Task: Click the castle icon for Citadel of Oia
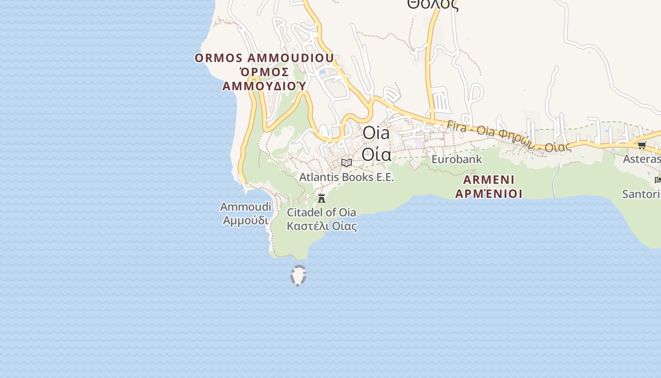pos(322,198)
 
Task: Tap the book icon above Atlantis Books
pos(347,163)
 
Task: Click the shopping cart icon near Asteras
pos(642,145)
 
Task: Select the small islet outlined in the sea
pos(298,275)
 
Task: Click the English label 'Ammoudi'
pos(246,207)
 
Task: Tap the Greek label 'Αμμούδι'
pos(246,221)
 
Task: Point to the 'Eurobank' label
pos(457,159)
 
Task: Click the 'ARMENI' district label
pos(489,180)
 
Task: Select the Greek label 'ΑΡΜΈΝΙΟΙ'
pos(489,193)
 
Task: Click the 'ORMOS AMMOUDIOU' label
pos(264,58)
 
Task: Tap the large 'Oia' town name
pos(376,133)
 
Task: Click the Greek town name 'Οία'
pos(376,154)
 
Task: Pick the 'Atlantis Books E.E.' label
pos(347,177)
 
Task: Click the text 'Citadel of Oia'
pos(322,212)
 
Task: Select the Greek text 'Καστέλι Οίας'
pos(322,226)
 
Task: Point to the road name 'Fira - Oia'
pos(469,129)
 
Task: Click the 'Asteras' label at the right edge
pos(641,159)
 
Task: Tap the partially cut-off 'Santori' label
pos(641,194)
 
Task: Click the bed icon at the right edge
pos(658,180)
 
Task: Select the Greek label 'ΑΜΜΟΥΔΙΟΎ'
pos(264,86)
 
